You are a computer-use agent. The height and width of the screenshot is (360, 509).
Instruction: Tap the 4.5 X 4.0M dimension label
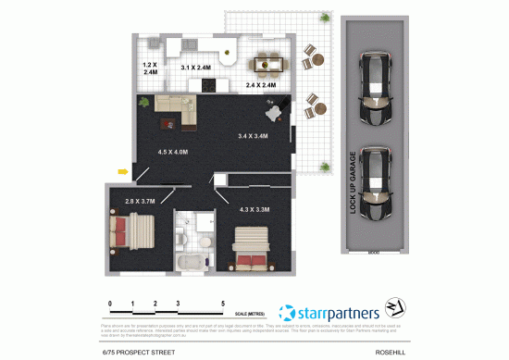(x=173, y=152)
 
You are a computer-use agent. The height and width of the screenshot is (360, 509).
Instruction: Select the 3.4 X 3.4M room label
(x=253, y=137)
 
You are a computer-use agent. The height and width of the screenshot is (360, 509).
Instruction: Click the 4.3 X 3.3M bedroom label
(x=254, y=210)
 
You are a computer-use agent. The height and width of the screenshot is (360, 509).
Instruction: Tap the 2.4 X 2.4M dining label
(x=261, y=85)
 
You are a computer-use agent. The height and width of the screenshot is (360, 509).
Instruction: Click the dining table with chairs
(x=268, y=63)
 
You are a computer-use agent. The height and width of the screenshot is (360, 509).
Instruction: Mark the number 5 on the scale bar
(x=223, y=303)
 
